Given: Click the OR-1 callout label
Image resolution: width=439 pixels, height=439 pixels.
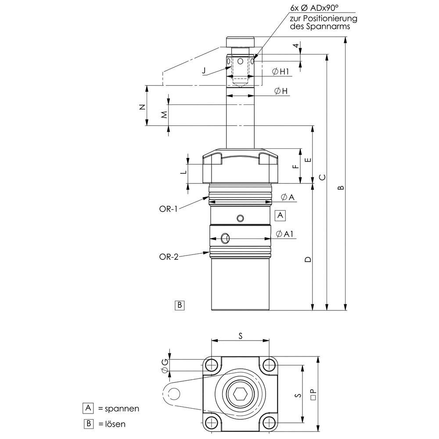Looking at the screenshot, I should point(168,209).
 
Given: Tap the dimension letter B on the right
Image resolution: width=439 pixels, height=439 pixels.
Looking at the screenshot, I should point(340,188).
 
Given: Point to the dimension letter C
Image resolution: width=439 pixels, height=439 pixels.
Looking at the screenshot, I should point(322,177).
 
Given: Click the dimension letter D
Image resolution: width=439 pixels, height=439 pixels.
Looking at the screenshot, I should point(308,259).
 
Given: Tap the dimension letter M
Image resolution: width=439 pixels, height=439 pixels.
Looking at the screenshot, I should point(164,115).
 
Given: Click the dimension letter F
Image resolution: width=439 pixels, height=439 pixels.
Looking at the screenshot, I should point(295,166).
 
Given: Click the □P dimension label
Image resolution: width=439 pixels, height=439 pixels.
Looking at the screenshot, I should point(313,393).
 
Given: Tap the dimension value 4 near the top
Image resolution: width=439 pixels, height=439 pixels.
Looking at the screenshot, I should point(296,46).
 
